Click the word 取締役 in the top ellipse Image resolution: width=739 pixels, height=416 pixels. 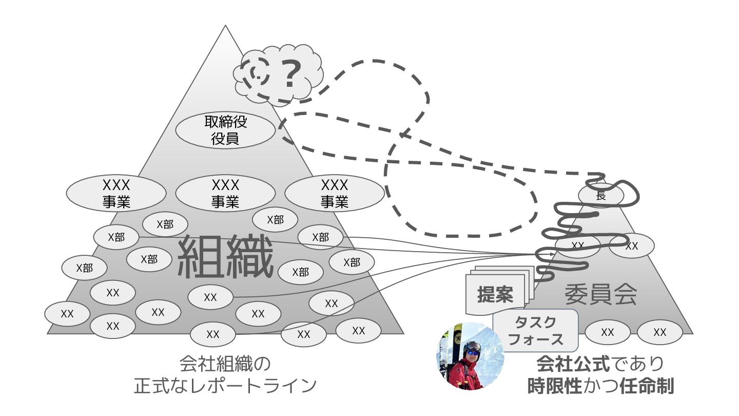[x=226, y=122]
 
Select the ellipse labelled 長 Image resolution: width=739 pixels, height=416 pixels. [x=601, y=196]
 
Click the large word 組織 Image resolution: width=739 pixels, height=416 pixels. [x=225, y=256]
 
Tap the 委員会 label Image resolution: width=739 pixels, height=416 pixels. [x=601, y=294]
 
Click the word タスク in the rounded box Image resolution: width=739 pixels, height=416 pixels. [x=535, y=323]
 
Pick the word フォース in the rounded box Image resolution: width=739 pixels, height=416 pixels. [x=535, y=339]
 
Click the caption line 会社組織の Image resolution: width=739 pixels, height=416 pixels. [x=225, y=364]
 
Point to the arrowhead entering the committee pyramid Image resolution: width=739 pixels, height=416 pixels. [x=552, y=254]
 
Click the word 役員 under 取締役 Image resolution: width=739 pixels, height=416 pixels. [x=226, y=139]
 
